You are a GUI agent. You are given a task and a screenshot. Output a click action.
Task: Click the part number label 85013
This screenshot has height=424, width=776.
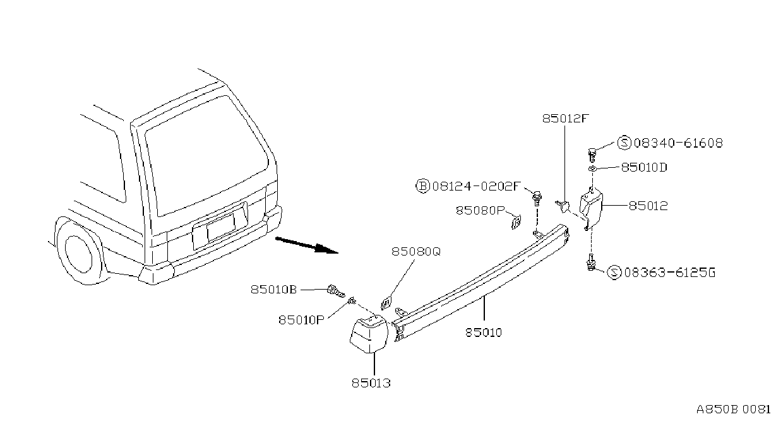(x=371, y=383)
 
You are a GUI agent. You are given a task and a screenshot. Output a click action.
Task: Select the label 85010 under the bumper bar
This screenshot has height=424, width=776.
(x=484, y=333)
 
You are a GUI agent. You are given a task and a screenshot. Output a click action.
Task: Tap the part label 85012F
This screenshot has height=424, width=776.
(x=566, y=119)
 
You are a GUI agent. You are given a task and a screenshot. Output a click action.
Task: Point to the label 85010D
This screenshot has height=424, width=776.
(x=644, y=168)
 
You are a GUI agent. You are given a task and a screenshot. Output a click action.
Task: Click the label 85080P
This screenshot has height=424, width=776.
(x=480, y=211)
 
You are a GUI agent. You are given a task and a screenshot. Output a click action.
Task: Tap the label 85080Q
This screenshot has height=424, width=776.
(x=416, y=252)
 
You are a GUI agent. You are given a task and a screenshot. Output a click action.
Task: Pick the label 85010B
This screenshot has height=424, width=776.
(x=273, y=290)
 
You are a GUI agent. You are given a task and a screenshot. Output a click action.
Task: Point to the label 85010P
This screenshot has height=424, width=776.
(x=301, y=320)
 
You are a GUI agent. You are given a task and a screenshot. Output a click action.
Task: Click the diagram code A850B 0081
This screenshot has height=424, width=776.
(x=734, y=409)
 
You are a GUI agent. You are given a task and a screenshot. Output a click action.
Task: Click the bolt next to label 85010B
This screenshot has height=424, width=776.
(x=336, y=291)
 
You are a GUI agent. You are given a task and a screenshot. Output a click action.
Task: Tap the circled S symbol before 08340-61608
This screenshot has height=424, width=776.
(x=624, y=143)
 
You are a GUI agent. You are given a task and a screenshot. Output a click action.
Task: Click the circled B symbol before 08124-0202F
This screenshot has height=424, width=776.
(x=422, y=187)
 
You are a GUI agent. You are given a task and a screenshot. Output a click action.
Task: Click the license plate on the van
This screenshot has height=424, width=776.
(x=220, y=227)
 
